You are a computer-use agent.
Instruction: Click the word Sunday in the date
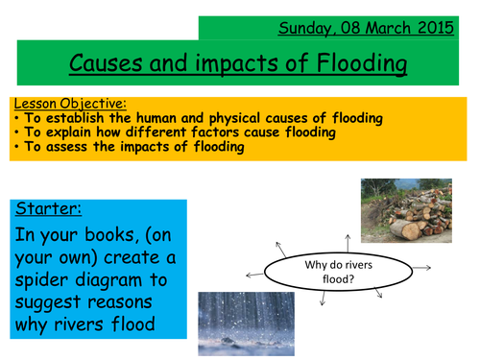tap(304, 27)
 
